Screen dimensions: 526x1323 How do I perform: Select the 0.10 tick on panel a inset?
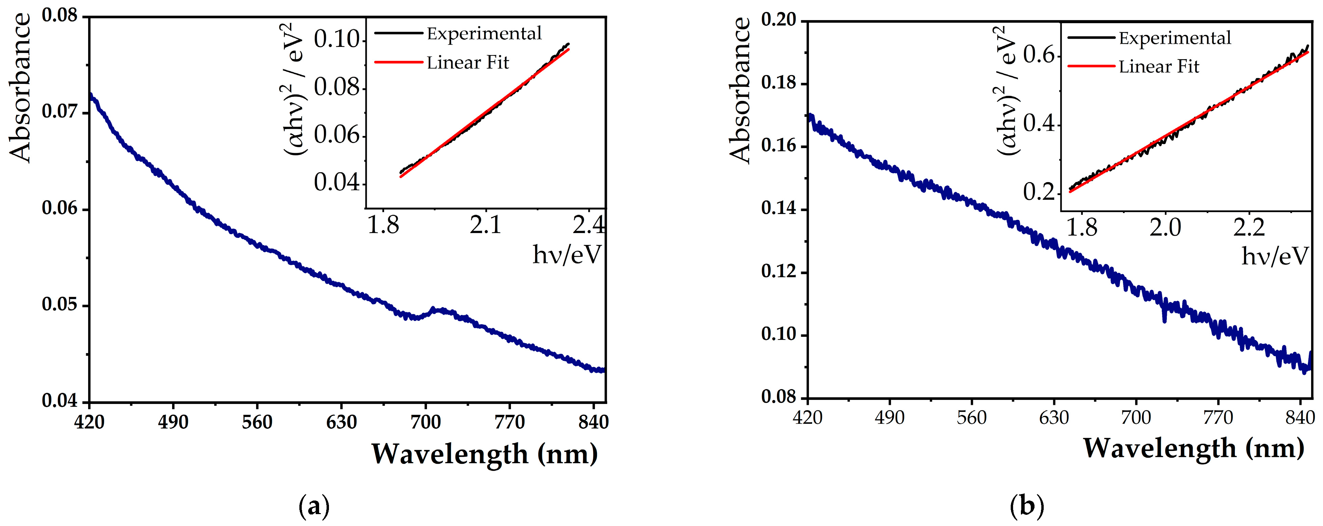(337, 39)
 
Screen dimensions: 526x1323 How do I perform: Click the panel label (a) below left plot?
(314, 507)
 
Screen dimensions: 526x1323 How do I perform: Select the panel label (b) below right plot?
(1027, 507)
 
